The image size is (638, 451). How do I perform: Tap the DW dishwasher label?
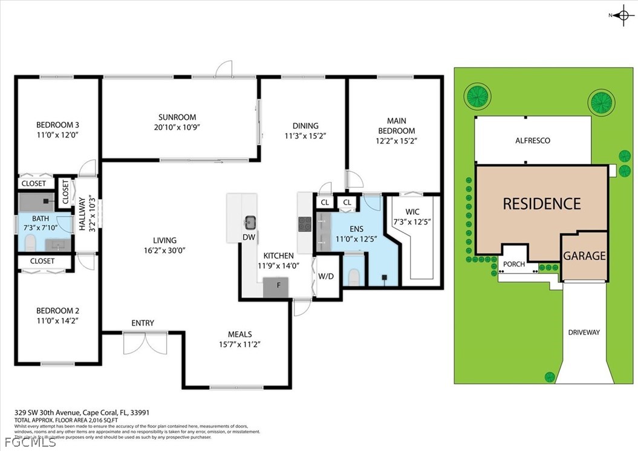click(248, 237)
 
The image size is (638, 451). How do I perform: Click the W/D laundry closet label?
click(327, 276)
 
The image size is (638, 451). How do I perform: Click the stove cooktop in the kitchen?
click(305, 223)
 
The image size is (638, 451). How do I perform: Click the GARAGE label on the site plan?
click(584, 256)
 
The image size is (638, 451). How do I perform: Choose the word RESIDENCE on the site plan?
click(541, 204)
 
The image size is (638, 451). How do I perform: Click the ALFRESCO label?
click(532, 140)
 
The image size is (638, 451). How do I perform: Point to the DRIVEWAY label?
click(584, 332)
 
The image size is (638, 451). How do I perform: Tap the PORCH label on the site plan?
click(514, 264)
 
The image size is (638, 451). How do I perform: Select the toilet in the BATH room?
click(30, 243)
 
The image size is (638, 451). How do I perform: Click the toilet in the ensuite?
click(354, 277)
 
